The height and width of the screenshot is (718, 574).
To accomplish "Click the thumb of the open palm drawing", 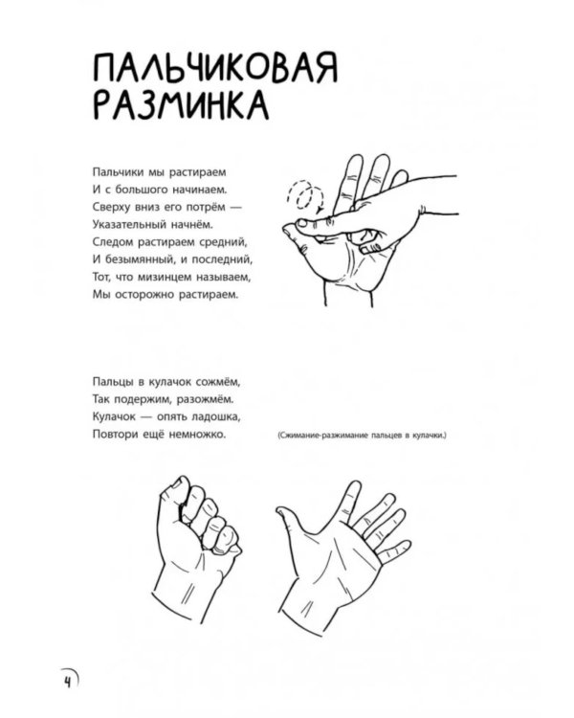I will tap(291, 518).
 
